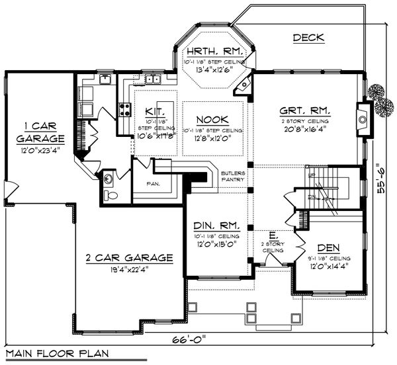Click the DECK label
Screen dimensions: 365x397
click(308, 38)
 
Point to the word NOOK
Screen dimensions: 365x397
click(212, 120)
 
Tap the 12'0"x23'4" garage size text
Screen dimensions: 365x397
click(40, 151)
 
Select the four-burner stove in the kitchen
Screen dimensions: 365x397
click(124, 109)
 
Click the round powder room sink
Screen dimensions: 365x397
click(107, 177)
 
